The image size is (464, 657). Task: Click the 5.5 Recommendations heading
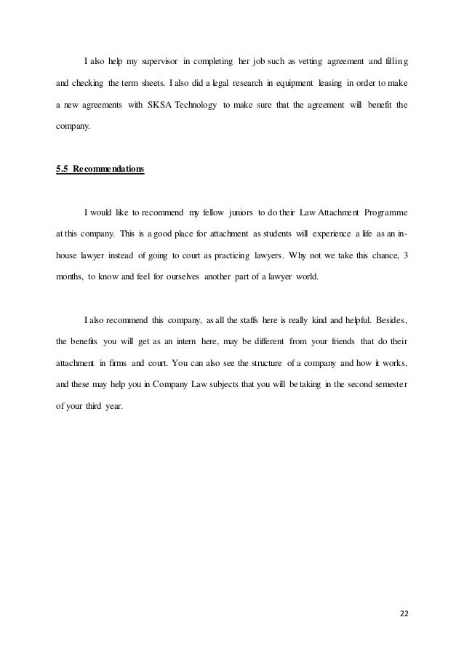coord(100,170)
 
